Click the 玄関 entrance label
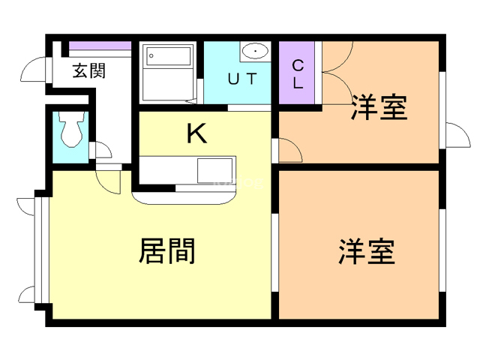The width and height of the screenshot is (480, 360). tap(88, 72)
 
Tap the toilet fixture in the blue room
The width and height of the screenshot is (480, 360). tap(71, 131)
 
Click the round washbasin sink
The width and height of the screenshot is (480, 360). tap(256, 51)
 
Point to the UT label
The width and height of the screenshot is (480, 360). tap(242, 78)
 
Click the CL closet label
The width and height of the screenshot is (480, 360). tap(298, 73)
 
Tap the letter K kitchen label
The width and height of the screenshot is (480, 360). tap(196, 134)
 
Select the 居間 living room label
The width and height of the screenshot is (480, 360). tap(166, 250)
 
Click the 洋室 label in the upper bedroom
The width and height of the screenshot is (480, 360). tap(379, 108)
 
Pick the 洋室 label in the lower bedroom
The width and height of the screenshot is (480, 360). tap(367, 250)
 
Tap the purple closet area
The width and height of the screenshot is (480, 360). tap(298, 73)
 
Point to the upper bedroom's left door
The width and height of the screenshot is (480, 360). tap(289, 149)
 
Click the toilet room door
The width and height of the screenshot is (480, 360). tap(98, 149)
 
